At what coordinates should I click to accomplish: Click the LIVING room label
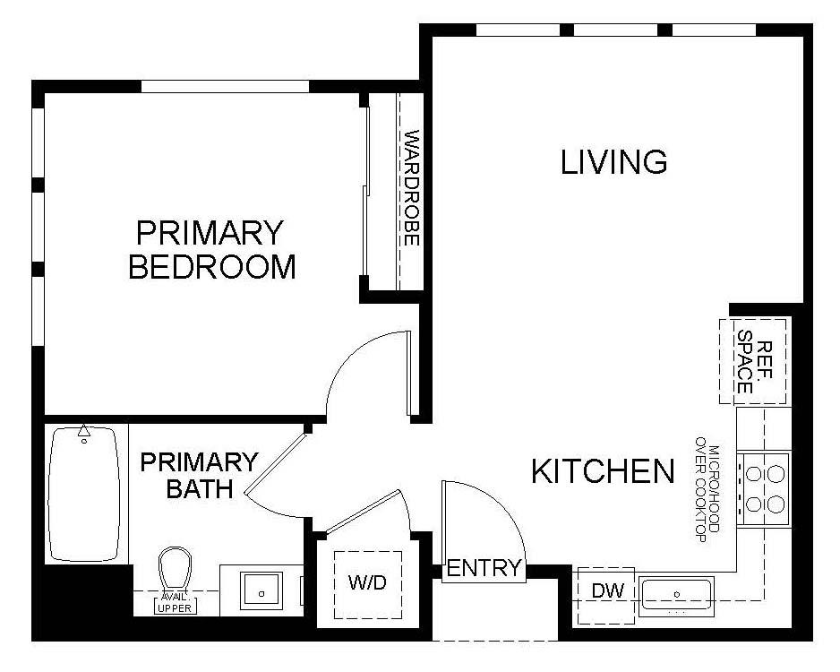[x=613, y=162]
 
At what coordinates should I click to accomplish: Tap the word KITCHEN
[x=602, y=471]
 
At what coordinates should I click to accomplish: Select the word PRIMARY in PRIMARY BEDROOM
[x=209, y=233]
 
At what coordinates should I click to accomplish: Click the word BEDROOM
[x=212, y=267]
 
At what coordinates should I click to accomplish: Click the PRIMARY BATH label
[x=199, y=476]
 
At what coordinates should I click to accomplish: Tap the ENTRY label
[x=484, y=567]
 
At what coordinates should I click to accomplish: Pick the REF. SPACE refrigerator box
[x=753, y=360]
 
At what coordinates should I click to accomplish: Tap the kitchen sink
[x=678, y=594]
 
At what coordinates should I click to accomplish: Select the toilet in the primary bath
[x=176, y=571]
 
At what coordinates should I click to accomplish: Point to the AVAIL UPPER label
[x=175, y=603]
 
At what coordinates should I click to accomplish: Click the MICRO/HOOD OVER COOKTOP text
[x=707, y=487]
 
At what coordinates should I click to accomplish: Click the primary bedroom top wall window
[x=226, y=87]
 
